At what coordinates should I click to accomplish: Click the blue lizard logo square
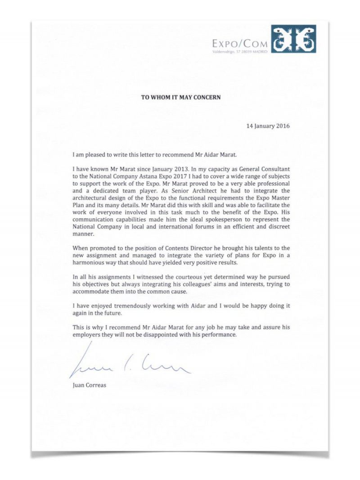293,39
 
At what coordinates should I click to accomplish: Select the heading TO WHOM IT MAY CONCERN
181,97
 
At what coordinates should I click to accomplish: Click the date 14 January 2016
268,126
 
